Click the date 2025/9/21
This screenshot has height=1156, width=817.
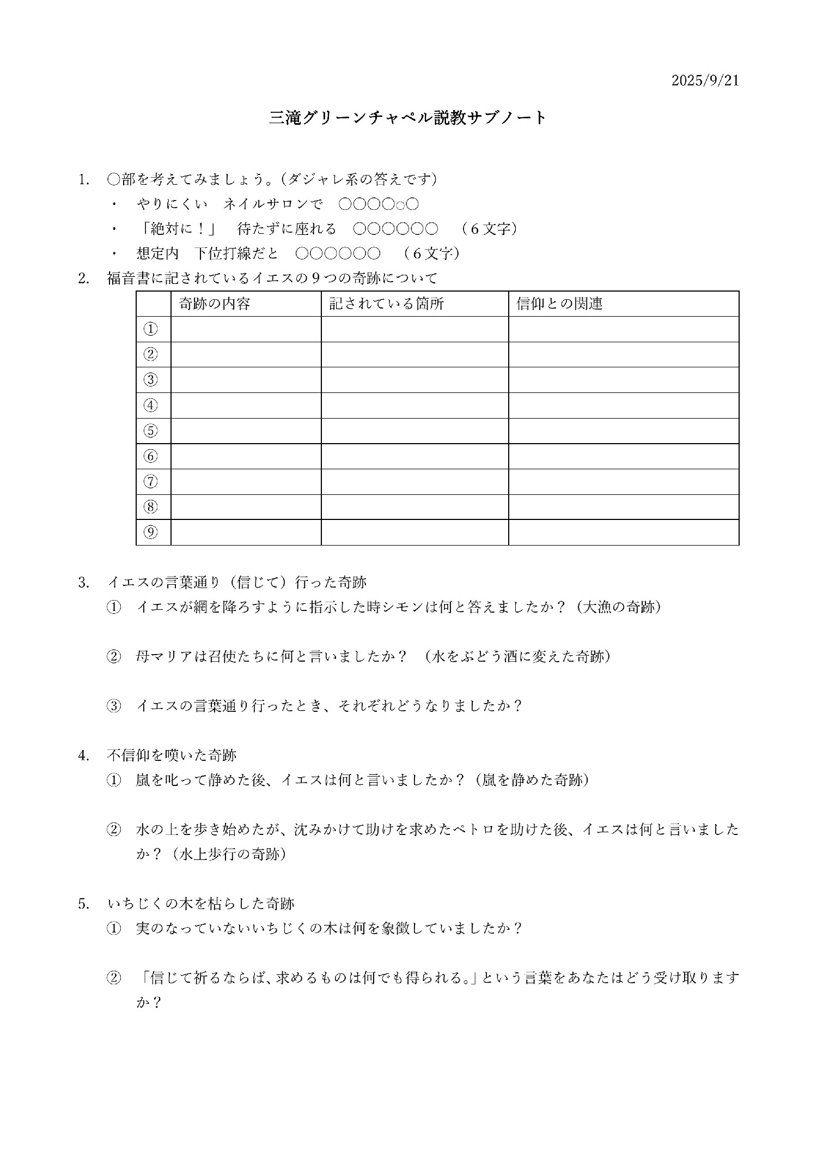[x=705, y=81]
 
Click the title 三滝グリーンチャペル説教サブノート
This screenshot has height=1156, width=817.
[x=408, y=118]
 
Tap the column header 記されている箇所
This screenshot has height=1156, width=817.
[x=386, y=304]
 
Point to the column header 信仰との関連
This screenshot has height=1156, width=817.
[x=559, y=304]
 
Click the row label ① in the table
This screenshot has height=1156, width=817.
[x=151, y=329]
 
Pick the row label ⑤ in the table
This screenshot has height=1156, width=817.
[x=151, y=431]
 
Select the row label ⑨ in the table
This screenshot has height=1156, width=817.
[x=151, y=532]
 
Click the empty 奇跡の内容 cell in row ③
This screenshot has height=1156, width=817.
[x=246, y=380]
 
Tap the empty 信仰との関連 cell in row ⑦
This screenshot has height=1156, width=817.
[x=623, y=482]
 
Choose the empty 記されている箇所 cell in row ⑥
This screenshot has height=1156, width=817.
[x=414, y=456]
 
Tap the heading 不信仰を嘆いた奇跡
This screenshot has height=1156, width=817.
[x=172, y=755]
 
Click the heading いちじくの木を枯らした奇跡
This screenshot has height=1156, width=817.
[x=200, y=904]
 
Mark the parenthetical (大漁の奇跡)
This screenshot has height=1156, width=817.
[x=619, y=607]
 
